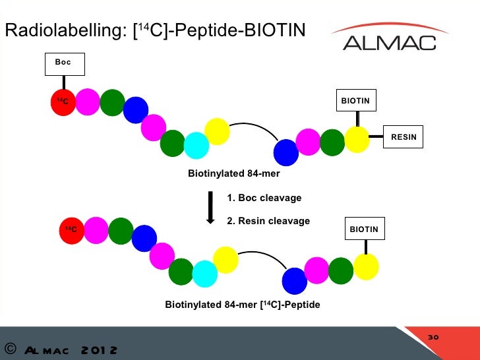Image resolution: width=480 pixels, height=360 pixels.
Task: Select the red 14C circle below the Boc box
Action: pos(65,103)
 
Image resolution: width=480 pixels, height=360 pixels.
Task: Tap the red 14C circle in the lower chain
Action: pos(71,229)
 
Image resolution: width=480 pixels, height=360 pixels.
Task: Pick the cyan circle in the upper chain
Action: pos(196,145)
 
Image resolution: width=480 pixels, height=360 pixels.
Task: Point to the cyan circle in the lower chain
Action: pos(205,273)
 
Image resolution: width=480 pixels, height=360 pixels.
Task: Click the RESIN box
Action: pos(404,137)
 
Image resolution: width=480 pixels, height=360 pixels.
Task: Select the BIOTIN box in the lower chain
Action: pos(364,229)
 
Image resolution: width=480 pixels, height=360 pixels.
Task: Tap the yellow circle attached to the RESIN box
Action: pos(357,139)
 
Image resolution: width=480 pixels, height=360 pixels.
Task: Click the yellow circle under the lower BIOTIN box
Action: pos(366,266)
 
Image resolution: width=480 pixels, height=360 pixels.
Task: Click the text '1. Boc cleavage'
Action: pos(264,198)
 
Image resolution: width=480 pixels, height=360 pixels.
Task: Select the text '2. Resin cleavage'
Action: pos(268,221)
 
